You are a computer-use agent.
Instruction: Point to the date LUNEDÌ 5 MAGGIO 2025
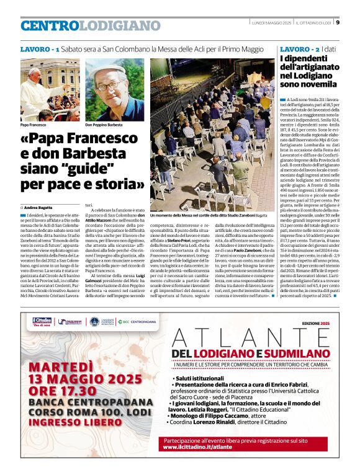tap(271, 24)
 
